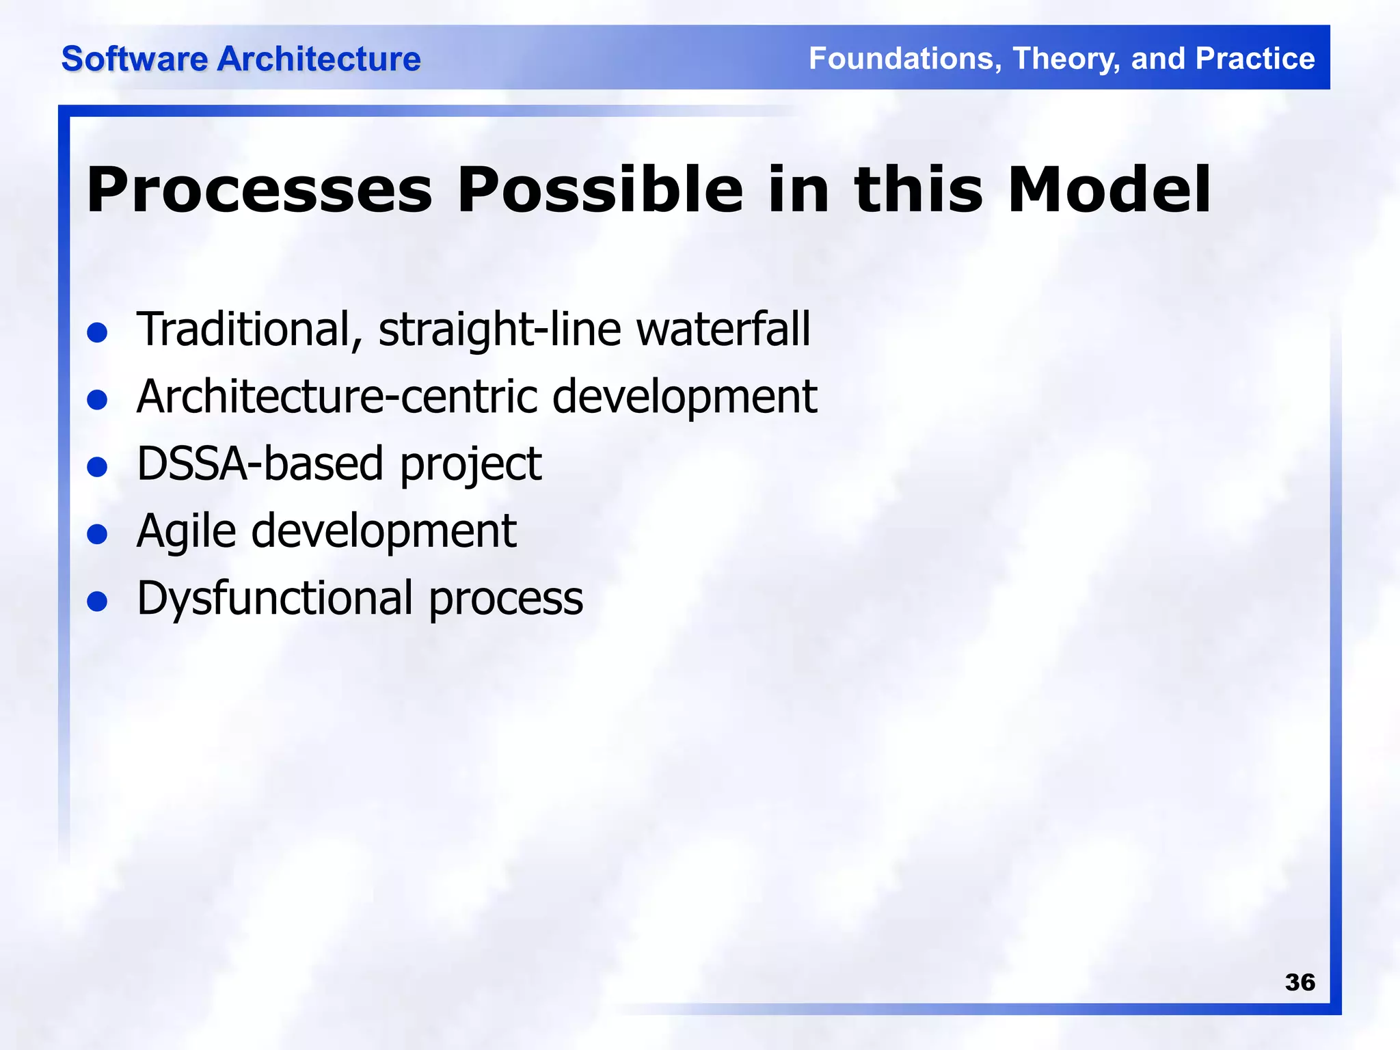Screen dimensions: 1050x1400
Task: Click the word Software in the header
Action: [134, 59]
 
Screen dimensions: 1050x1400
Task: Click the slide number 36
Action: [1300, 982]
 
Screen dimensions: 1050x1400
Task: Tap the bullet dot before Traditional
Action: [98, 333]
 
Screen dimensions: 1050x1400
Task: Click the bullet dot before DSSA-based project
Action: [98, 468]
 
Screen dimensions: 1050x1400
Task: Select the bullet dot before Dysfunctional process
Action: [98, 602]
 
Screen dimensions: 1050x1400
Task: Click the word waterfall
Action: [723, 329]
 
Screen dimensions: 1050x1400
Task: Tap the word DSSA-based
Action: [260, 463]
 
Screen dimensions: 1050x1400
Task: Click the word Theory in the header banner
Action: [1066, 59]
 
